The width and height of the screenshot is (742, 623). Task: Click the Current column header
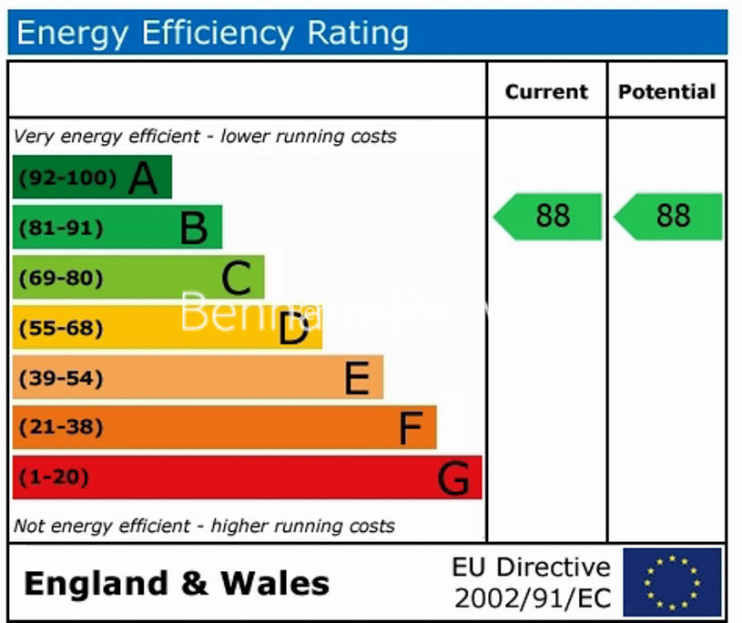[x=546, y=92]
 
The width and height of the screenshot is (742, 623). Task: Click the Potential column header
[x=666, y=92]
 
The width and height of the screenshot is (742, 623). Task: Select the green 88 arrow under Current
[x=549, y=216]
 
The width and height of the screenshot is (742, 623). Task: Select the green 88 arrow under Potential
[x=669, y=216]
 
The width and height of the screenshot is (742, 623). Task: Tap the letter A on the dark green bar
[x=143, y=179]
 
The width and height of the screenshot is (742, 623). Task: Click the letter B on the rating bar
[x=193, y=229]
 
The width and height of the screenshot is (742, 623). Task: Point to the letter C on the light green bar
[x=236, y=279]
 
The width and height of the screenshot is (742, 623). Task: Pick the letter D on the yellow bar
[x=293, y=329]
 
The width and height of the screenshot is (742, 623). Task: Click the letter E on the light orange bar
[x=357, y=379]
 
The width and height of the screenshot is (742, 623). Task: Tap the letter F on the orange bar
[x=412, y=428]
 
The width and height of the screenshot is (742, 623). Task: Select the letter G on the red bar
[x=453, y=478]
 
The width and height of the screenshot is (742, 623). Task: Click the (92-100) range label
[x=67, y=178]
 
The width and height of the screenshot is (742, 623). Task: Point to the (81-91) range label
[x=61, y=228]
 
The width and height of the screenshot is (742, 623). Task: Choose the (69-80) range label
[x=61, y=278]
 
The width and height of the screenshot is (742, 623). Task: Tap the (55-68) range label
[x=61, y=328]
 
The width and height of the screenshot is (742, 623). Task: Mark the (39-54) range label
[x=61, y=378]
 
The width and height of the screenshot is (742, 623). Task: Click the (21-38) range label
[x=61, y=427]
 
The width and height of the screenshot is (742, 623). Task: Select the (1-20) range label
[x=54, y=477]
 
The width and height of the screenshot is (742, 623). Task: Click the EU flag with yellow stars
[x=672, y=581]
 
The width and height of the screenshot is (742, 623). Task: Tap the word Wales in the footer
[x=276, y=583]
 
